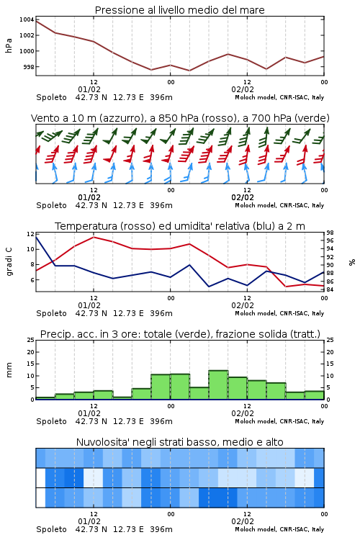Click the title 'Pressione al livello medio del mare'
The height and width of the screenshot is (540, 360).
179,10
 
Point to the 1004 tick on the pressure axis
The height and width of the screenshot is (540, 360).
27,19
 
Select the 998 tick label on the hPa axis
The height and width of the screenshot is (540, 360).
29,67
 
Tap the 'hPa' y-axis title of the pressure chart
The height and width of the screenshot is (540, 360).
9,45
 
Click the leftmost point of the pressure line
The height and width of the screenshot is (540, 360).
36,22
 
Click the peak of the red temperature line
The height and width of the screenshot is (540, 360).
94,237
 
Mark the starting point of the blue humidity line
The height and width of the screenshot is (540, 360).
36,237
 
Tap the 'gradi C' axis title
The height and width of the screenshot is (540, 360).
9,261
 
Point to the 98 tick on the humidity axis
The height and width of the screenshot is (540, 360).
330,233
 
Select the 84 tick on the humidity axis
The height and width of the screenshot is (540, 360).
330,289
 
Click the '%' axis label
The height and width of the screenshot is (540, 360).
352,262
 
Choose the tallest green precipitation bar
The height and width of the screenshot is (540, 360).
218,385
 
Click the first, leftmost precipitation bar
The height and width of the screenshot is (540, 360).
45,398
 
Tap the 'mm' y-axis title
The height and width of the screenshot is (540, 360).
9,370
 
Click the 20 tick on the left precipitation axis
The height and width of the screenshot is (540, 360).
31,352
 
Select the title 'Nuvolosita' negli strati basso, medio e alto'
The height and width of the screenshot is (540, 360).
179,442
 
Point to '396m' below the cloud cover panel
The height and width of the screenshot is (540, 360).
161,529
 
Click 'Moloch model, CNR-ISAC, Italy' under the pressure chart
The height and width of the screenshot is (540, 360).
279,97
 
